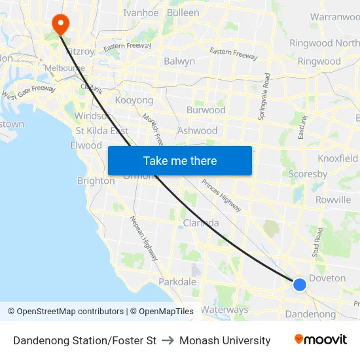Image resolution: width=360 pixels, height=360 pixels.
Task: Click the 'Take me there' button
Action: [180, 160]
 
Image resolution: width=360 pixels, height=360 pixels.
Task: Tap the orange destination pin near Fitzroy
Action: [60, 24]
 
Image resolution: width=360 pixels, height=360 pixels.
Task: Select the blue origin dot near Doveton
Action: [300, 284]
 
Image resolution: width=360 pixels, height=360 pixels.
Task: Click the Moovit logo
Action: [320, 340]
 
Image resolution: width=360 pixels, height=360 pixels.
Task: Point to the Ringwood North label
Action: [325, 43]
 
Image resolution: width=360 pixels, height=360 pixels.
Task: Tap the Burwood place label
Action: [206, 110]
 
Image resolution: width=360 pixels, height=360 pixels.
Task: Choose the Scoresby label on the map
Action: [308, 175]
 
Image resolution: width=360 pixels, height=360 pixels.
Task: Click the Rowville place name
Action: [333, 200]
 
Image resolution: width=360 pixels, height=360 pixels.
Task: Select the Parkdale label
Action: [177, 281]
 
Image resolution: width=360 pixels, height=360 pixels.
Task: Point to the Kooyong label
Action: [134, 100]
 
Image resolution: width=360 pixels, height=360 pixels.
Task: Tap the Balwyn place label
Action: [179, 62]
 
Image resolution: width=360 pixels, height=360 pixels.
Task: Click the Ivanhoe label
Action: [141, 12]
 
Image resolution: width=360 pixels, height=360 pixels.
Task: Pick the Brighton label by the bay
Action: [96, 181]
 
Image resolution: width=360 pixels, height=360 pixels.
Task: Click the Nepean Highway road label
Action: [143, 239]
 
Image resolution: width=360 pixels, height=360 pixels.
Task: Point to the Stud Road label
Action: [318, 242]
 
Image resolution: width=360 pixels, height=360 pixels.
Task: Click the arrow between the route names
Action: [168, 340]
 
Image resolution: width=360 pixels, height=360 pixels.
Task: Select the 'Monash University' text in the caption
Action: [225, 340]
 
